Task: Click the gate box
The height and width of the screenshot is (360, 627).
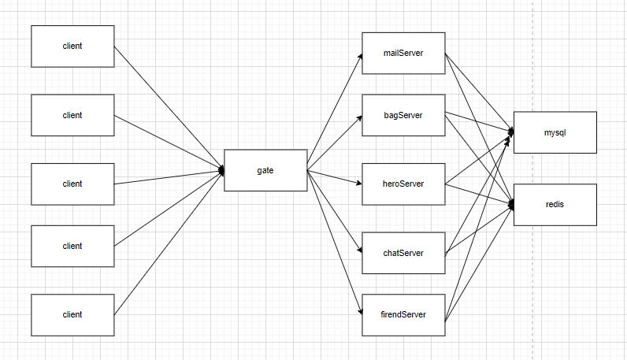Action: tap(265, 170)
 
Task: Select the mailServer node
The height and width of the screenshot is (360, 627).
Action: tap(403, 53)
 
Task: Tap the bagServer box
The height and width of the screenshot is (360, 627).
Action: tap(403, 115)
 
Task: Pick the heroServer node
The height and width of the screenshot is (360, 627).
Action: tap(403, 184)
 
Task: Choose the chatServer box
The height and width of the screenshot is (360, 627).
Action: tap(403, 253)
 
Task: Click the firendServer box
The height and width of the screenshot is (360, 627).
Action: tap(403, 314)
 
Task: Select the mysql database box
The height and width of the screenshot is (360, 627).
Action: tap(555, 132)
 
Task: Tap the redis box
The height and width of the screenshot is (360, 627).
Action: tap(555, 205)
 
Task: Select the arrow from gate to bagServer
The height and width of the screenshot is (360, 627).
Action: tap(335, 143)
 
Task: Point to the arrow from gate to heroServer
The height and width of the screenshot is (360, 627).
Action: tap(335, 176)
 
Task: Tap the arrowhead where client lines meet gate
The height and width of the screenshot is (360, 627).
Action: tap(221, 170)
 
